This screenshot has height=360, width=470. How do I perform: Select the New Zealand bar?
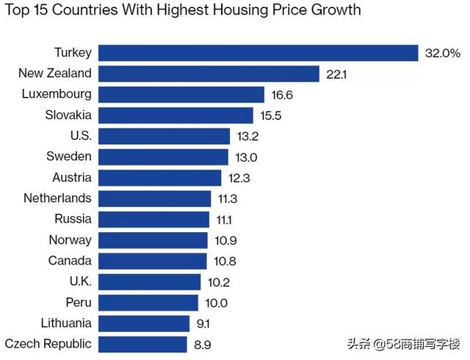point(209,73)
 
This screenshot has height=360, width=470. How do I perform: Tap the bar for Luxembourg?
point(181,94)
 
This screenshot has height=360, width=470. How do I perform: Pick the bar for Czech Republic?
point(142,344)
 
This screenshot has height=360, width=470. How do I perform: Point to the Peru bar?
point(148,303)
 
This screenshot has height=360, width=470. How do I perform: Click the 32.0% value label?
point(443,53)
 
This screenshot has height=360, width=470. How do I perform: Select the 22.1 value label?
point(336,73)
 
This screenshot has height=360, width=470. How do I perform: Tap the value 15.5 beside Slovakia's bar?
point(270,115)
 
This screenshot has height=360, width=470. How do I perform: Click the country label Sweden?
point(70,156)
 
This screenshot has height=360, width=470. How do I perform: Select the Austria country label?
point(72,177)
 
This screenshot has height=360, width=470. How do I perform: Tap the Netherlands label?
point(57,198)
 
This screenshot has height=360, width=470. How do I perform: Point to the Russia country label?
point(73,218)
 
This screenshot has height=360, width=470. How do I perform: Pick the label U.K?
point(79,281)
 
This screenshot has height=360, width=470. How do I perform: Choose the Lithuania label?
point(67,323)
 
